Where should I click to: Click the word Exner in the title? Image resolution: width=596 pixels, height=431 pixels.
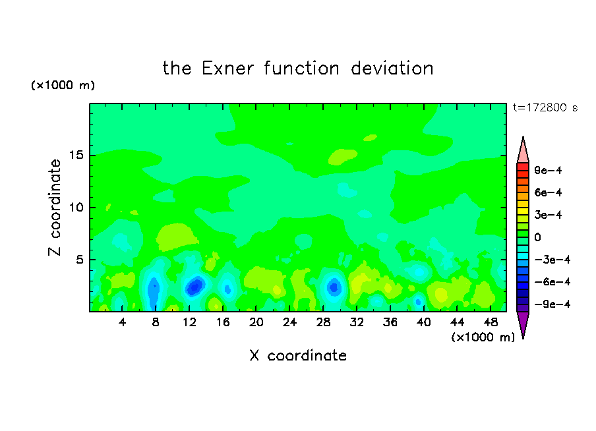(227, 69)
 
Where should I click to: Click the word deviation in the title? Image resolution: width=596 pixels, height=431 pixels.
(392, 69)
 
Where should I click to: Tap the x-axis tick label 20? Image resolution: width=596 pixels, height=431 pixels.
(256, 323)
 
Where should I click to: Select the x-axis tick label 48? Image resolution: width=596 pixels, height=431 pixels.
(491, 323)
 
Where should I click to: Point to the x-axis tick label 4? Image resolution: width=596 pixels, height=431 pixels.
(122, 323)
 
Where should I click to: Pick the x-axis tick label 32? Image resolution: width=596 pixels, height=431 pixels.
(357, 323)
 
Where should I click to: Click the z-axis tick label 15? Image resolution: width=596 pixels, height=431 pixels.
(76, 155)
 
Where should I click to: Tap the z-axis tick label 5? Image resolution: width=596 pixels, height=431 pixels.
(80, 260)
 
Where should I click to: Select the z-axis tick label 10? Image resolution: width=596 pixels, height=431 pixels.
(76, 208)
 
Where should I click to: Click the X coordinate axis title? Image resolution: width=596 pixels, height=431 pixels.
(298, 356)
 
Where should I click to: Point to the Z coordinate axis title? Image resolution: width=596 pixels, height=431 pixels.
(54, 208)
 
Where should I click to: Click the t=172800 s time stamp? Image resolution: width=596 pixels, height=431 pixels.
(545, 108)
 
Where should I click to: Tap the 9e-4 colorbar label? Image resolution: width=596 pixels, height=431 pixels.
(548, 170)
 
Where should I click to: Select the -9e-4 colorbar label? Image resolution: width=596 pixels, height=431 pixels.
(552, 304)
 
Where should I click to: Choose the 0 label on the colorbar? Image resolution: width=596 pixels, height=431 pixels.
(537, 237)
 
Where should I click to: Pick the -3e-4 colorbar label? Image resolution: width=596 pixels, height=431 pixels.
(552, 260)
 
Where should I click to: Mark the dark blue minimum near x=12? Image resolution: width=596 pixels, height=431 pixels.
(195, 286)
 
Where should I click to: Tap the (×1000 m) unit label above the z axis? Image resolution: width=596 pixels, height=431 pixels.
(63, 85)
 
